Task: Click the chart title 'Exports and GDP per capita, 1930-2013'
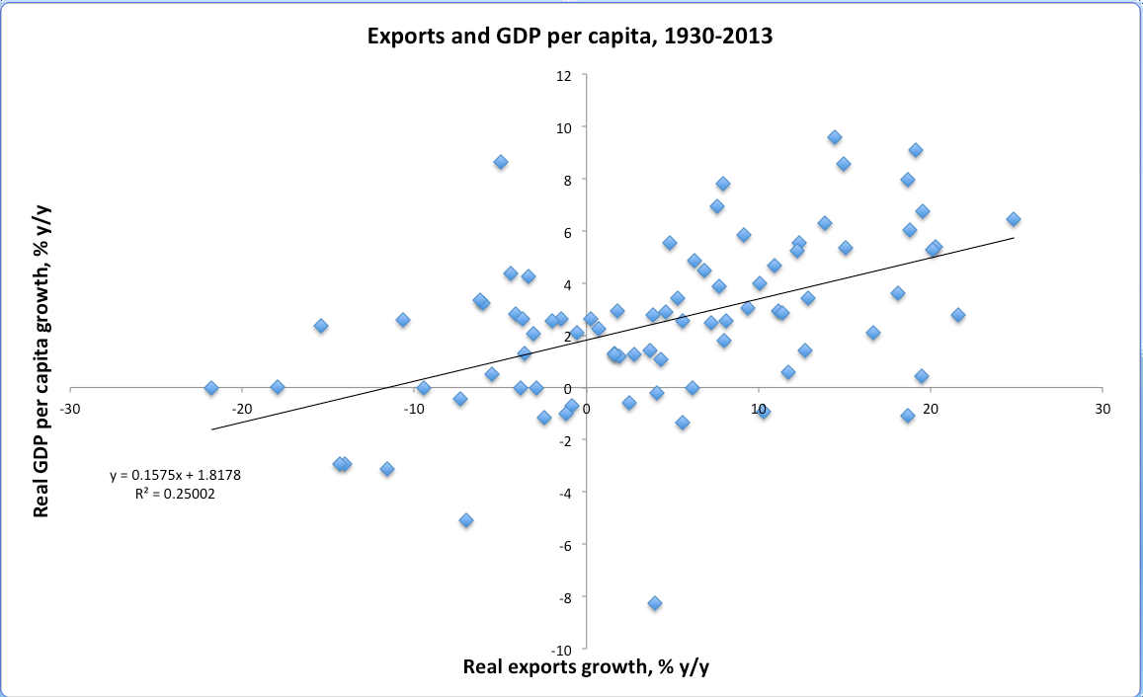(571, 38)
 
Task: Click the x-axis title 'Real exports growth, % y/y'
(586, 666)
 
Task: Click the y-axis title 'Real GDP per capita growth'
(42, 367)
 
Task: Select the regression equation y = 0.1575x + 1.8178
(175, 475)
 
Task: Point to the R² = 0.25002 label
(175, 495)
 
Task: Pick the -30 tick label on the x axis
(69, 408)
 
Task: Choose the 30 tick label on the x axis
(1102, 408)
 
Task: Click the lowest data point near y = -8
(655, 603)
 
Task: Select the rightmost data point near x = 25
(1013, 219)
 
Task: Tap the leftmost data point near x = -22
(210, 388)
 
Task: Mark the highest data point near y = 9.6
(835, 137)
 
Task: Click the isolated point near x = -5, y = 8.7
(501, 162)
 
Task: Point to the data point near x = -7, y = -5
(466, 520)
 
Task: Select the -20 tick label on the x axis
(241, 408)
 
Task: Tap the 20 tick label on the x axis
(931, 408)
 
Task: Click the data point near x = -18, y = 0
(278, 387)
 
